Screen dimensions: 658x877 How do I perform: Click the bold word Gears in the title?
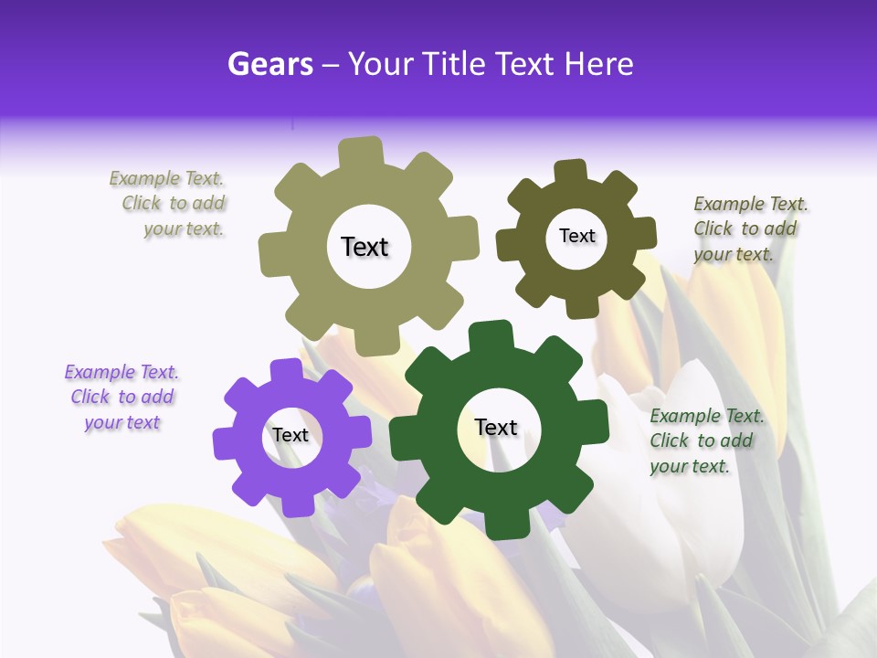click(269, 64)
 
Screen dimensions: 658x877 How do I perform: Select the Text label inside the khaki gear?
click(365, 247)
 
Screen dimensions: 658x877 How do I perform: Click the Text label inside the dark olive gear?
click(576, 236)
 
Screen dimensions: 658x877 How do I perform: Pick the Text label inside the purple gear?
click(291, 435)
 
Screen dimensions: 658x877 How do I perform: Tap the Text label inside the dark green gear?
click(496, 427)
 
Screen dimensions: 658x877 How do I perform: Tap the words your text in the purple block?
click(122, 422)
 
